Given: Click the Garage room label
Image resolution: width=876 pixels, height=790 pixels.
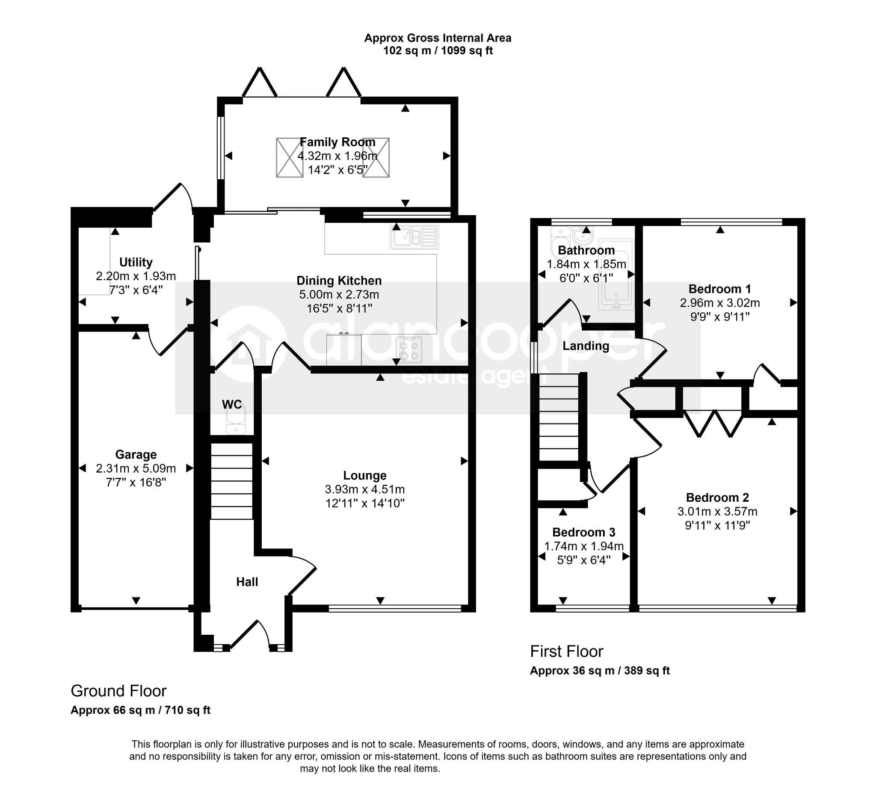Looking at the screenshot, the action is click(x=136, y=455).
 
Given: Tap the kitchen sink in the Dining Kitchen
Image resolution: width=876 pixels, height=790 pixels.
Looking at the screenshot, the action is click(x=414, y=237).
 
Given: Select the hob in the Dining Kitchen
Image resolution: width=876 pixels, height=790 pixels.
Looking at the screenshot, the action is click(x=409, y=350).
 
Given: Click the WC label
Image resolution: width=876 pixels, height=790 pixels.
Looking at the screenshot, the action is click(x=232, y=405).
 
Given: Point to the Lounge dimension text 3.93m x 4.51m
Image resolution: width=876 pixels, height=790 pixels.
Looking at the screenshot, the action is click(x=364, y=490).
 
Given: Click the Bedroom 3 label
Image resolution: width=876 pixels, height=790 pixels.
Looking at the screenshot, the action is click(x=584, y=532).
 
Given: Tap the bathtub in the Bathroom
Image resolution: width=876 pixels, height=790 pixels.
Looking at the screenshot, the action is click(x=616, y=274).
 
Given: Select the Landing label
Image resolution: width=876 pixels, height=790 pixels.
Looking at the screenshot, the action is click(x=586, y=346).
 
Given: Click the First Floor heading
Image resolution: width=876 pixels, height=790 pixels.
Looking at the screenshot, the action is click(x=566, y=651).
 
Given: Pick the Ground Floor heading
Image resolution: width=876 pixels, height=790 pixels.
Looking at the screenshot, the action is click(x=118, y=691).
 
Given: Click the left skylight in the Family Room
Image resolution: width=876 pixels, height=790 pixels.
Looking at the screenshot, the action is click(x=290, y=157).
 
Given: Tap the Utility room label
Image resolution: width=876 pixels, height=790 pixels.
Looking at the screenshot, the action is click(x=136, y=262).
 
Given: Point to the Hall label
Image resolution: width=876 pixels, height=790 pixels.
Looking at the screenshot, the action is click(x=247, y=582).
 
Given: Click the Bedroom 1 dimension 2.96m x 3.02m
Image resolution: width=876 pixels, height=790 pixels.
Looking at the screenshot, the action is click(x=720, y=303).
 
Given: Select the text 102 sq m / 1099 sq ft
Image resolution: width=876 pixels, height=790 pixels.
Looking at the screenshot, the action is click(x=438, y=51).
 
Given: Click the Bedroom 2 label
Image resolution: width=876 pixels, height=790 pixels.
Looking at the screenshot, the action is click(x=717, y=497).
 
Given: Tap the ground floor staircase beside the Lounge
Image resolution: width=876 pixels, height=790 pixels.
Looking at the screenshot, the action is click(x=232, y=481).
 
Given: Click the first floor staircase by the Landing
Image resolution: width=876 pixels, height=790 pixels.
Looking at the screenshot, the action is click(x=559, y=417).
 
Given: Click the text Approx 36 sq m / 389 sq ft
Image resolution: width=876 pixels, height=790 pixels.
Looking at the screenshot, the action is click(x=600, y=671).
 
